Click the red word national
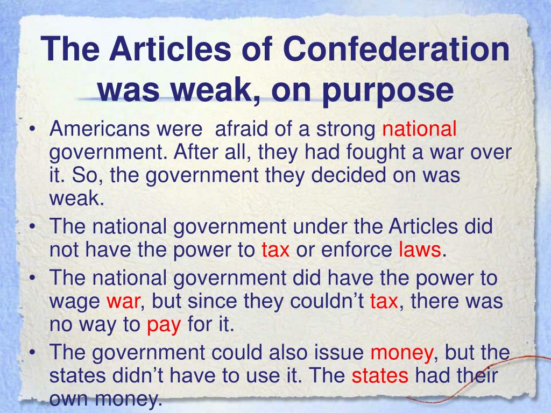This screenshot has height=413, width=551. click(x=419, y=129)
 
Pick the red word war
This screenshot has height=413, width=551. click(x=123, y=301)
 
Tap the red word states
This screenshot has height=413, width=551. click(x=380, y=376)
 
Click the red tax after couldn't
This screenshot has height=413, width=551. click(x=384, y=301)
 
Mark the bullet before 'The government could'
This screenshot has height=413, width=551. click(x=33, y=353)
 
